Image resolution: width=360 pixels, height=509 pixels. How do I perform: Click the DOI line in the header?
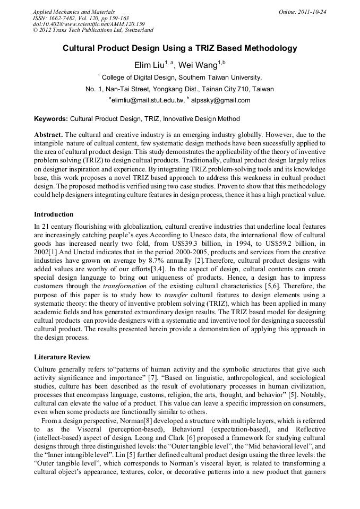[89, 24]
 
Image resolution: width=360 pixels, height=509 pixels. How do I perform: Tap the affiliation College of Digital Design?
[137, 77]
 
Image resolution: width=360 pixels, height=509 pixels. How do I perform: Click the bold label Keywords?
[50, 119]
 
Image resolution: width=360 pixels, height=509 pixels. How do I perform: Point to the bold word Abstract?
[49, 135]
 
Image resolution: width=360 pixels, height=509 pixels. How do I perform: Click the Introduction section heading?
[54, 214]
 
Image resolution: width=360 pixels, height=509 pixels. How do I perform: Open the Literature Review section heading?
[62, 357]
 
